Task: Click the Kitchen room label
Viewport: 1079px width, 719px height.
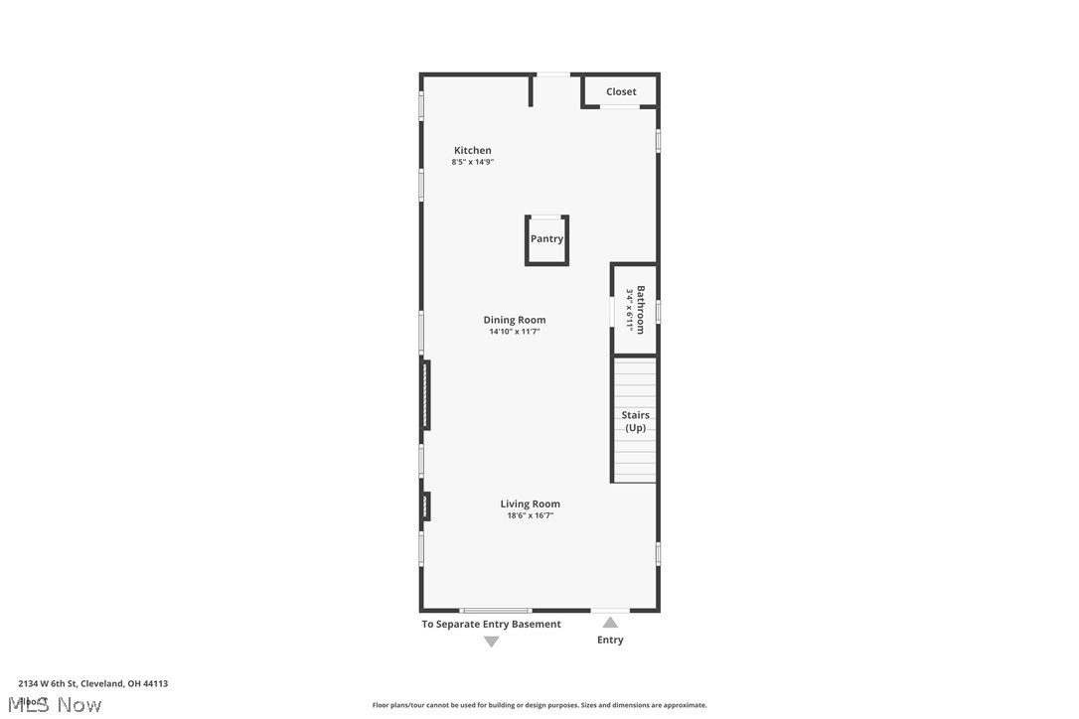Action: pyautogui.click(x=473, y=150)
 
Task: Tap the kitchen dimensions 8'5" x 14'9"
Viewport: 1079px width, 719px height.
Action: pyautogui.click(x=473, y=162)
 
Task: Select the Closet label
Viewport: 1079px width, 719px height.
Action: pyautogui.click(x=621, y=91)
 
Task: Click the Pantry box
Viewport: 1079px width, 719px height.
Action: pyautogui.click(x=546, y=239)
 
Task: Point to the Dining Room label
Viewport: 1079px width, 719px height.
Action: pyautogui.click(x=515, y=320)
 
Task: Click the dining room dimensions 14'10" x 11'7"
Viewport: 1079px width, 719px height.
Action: pyautogui.click(x=515, y=332)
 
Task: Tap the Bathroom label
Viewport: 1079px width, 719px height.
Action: pyautogui.click(x=641, y=310)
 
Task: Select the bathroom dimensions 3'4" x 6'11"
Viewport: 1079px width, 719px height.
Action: pyautogui.click(x=629, y=310)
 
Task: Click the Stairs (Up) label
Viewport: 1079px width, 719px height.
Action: pyautogui.click(x=635, y=421)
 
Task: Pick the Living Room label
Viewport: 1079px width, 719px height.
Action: pyautogui.click(x=530, y=503)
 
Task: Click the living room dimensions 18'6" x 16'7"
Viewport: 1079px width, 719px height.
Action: pyautogui.click(x=530, y=515)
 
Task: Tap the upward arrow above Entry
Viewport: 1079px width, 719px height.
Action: pyautogui.click(x=610, y=623)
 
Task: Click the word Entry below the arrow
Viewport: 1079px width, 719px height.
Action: pyautogui.click(x=610, y=640)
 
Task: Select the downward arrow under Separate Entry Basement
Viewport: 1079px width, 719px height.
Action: pyautogui.click(x=491, y=642)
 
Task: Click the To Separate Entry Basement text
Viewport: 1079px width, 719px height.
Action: pyautogui.click(x=491, y=625)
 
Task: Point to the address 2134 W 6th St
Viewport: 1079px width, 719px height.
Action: pyautogui.click(x=92, y=683)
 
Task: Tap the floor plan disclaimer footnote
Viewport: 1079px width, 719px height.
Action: pyautogui.click(x=539, y=705)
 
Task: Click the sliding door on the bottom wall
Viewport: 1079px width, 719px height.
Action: pyautogui.click(x=495, y=610)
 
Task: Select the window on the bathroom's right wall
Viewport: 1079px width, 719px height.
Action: pyautogui.click(x=658, y=312)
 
